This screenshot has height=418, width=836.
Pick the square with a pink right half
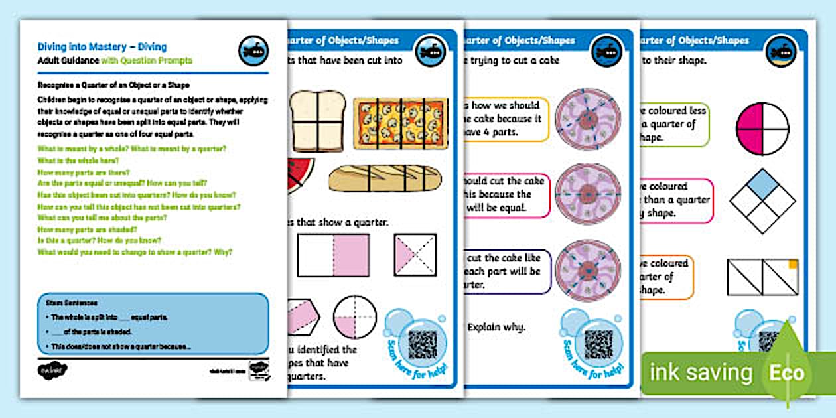tap(334, 255)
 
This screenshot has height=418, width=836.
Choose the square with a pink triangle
tap(415, 254)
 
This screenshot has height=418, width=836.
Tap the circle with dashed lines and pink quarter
tap(354, 317)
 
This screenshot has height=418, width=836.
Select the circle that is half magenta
tap(762, 127)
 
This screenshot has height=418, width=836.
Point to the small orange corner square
tap(792, 265)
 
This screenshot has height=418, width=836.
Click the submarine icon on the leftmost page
tap(253, 51)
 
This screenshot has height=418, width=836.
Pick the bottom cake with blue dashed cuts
tap(587, 271)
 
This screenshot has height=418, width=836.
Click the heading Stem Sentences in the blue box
tap(63, 302)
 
